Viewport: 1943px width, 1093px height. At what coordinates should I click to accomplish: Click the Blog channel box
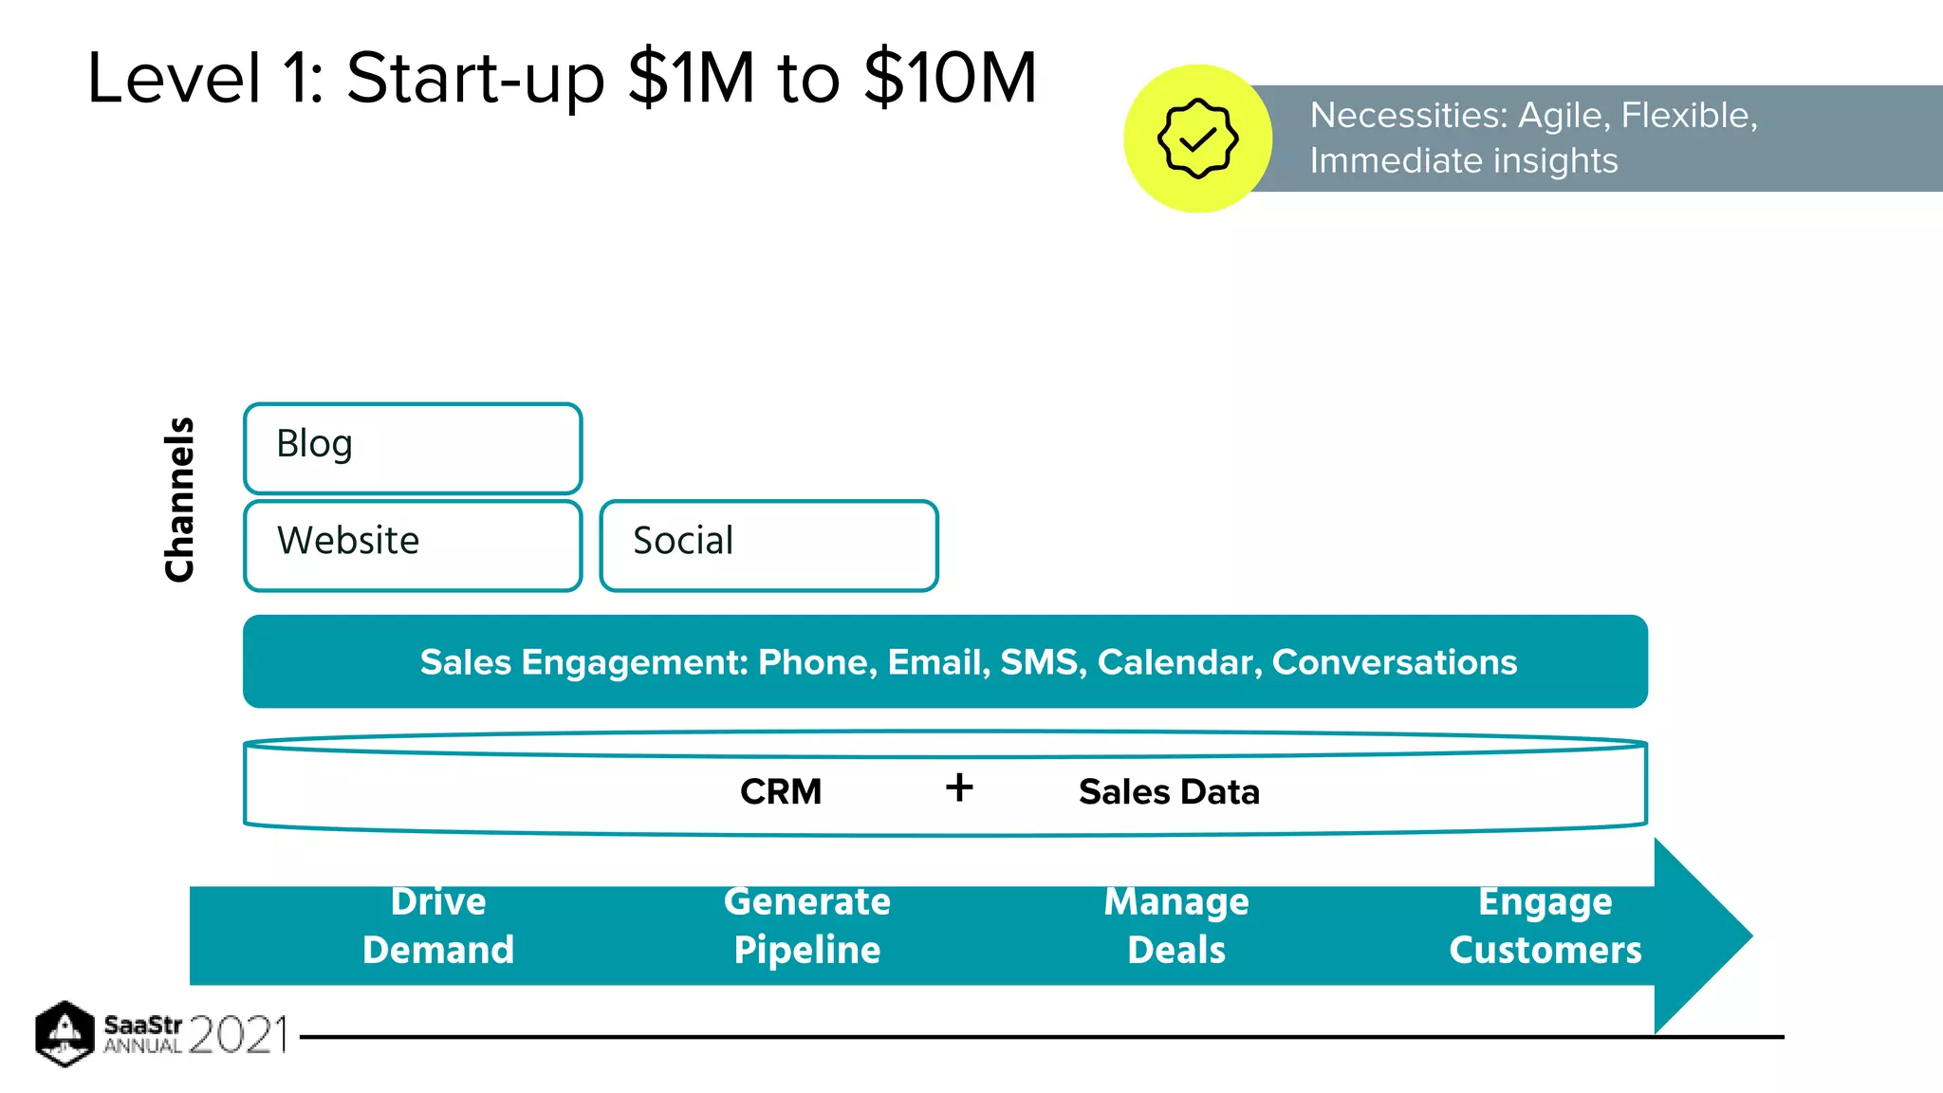click(412, 447)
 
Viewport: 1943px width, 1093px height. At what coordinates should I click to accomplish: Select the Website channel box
click(412, 545)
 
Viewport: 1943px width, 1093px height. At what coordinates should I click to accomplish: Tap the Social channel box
click(768, 545)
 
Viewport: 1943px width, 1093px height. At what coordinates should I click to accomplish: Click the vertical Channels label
click(179, 499)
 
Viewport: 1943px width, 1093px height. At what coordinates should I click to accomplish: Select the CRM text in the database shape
click(780, 791)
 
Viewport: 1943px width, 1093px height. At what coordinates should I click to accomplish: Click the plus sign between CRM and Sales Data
click(959, 787)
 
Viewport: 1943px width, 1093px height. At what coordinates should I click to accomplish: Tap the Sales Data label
click(1168, 791)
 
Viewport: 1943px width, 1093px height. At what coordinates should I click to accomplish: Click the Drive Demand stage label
click(437, 925)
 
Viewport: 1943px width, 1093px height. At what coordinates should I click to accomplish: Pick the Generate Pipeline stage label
click(806, 925)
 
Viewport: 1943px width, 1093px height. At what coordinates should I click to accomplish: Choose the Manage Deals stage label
click(1175, 925)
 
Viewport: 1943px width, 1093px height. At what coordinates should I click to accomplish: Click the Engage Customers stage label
click(1545, 925)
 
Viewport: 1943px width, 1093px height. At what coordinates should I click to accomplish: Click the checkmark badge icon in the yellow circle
click(1197, 139)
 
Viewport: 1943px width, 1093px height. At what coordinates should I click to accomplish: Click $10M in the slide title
click(951, 78)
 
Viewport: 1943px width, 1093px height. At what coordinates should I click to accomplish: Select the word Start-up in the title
click(474, 78)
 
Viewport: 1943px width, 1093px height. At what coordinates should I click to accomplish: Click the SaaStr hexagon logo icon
click(65, 1033)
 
